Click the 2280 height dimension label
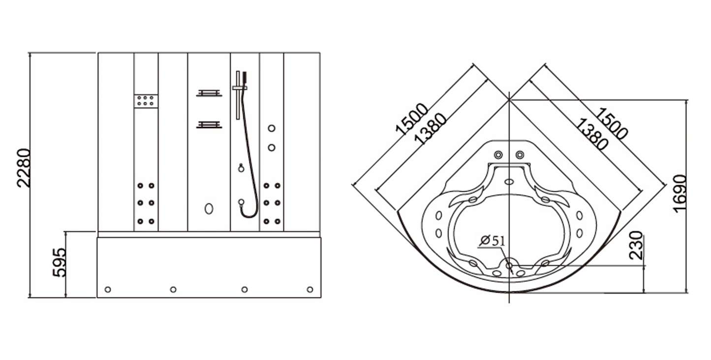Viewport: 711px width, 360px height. [x=24, y=168]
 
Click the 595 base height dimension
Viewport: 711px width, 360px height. [x=60, y=262]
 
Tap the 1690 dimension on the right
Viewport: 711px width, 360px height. [x=680, y=193]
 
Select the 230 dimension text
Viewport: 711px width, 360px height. [x=636, y=245]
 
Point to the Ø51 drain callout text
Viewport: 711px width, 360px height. [x=493, y=241]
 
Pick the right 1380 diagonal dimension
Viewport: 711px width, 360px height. [x=591, y=134]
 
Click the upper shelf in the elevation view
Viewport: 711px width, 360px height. [x=209, y=93]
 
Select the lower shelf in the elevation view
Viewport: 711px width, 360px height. [x=209, y=124]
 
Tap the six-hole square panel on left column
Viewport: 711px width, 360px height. [x=146, y=101]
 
